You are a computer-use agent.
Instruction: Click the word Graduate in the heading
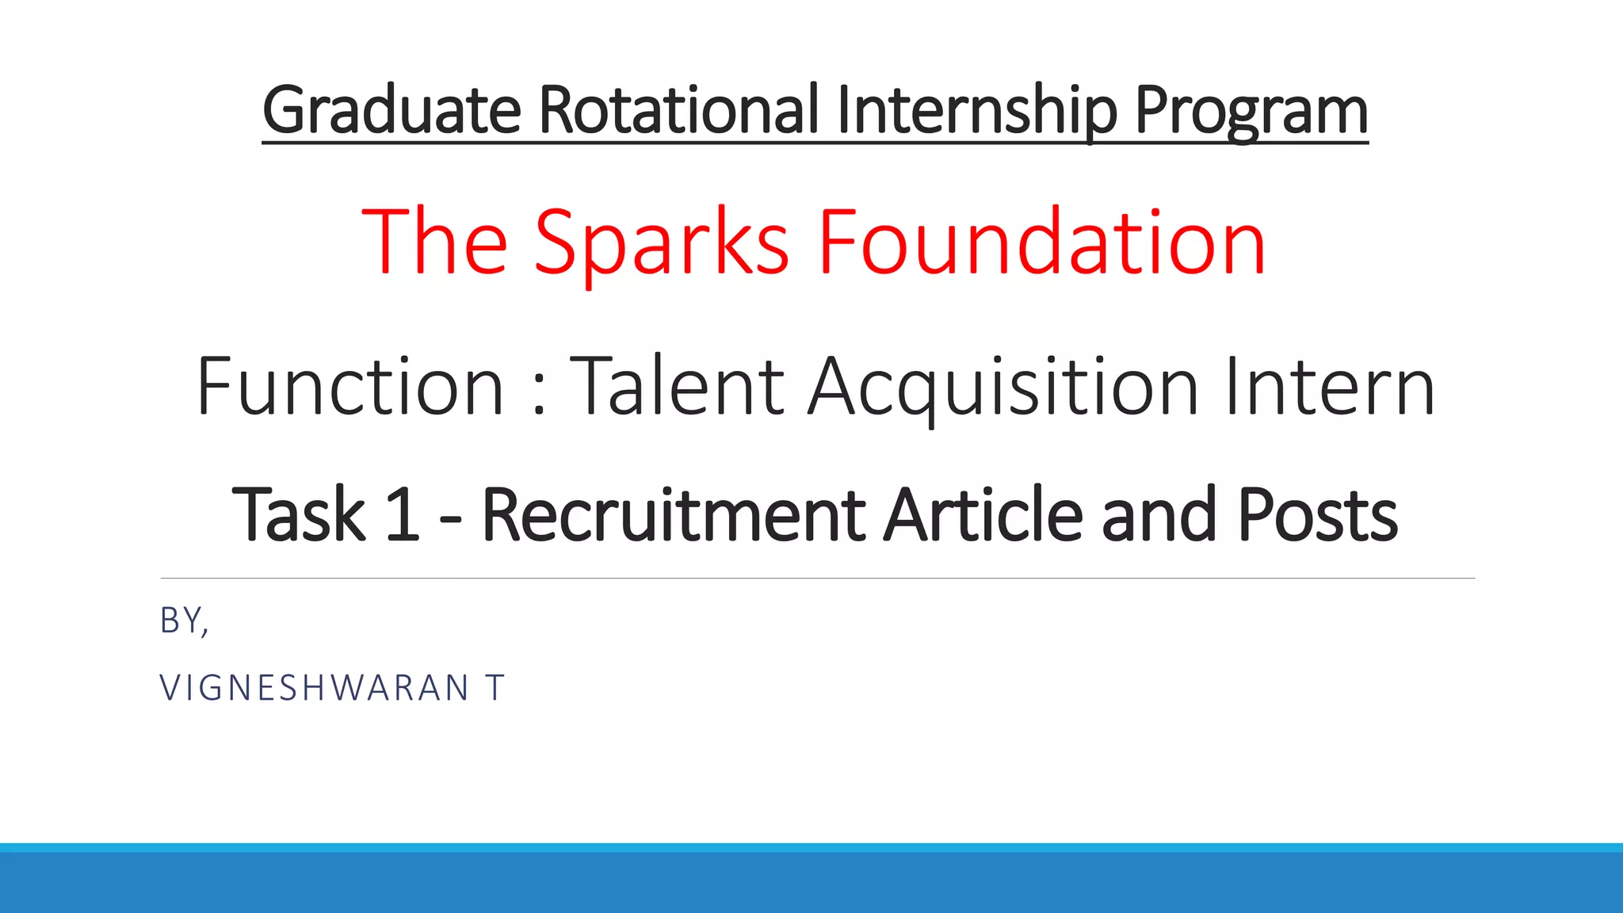[x=391, y=110]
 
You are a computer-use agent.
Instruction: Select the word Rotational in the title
[x=678, y=110]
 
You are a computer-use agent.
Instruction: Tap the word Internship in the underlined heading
[x=976, y=110]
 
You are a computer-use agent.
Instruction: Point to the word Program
[x=1251, y=110]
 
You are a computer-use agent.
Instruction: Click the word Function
[x=349, y=387]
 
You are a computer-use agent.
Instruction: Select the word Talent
[x=678, y=387]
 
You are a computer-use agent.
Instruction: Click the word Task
[x=298, y=515]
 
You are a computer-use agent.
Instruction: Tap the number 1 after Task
[x=402, y=515]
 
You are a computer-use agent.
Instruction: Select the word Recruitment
[x=673, y=515]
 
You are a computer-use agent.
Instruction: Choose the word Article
[x=983, y=515]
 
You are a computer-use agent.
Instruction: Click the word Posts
[x=1317, y=515]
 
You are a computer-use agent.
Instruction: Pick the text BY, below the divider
[x=184, y=621]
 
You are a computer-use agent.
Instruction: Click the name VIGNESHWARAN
[x=315, y=688]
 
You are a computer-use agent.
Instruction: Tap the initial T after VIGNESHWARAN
[x=495, y=688]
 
